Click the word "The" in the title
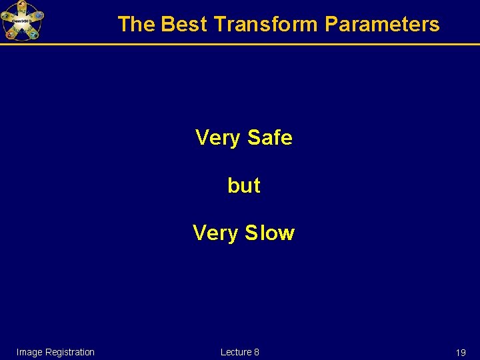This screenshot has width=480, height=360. pyautogui.click(x=136, y=24)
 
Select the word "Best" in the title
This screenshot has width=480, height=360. pyautogui.click(x=185, y=24)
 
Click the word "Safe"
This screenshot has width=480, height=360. pyautogui.click(x=269, y=137)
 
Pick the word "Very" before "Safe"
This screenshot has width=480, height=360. pyautogui.click(x=217, y=137)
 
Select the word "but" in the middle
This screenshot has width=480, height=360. pyautogui.click(x=244, y=185)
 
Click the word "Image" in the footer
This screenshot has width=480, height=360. pyautogui.click(x=29, y=352)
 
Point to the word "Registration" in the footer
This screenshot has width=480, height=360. pyautogui.click(x=69, y=352)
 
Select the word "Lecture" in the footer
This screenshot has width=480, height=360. pyautogui.click(x=236, y=352)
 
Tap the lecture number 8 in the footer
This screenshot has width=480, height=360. pyautogui.click(x=257, y=352)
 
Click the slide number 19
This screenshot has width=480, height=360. pyautogui.click(x=461, y=353)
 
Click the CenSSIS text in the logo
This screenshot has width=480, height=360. pyautogui.click(x=22, y=21)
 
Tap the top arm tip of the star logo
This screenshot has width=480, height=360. pyautogui.click(x=22, y=5)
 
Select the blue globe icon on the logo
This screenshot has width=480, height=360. pyautogui.click(x=39, y=15)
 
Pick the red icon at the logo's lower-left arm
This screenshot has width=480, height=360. pyautogui.click(x=11, y=34)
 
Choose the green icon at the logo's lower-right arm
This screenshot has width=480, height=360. pyautogui.click(x=33, y=34)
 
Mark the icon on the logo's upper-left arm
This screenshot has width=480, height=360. pyautogui.click(x=5, y=15)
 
